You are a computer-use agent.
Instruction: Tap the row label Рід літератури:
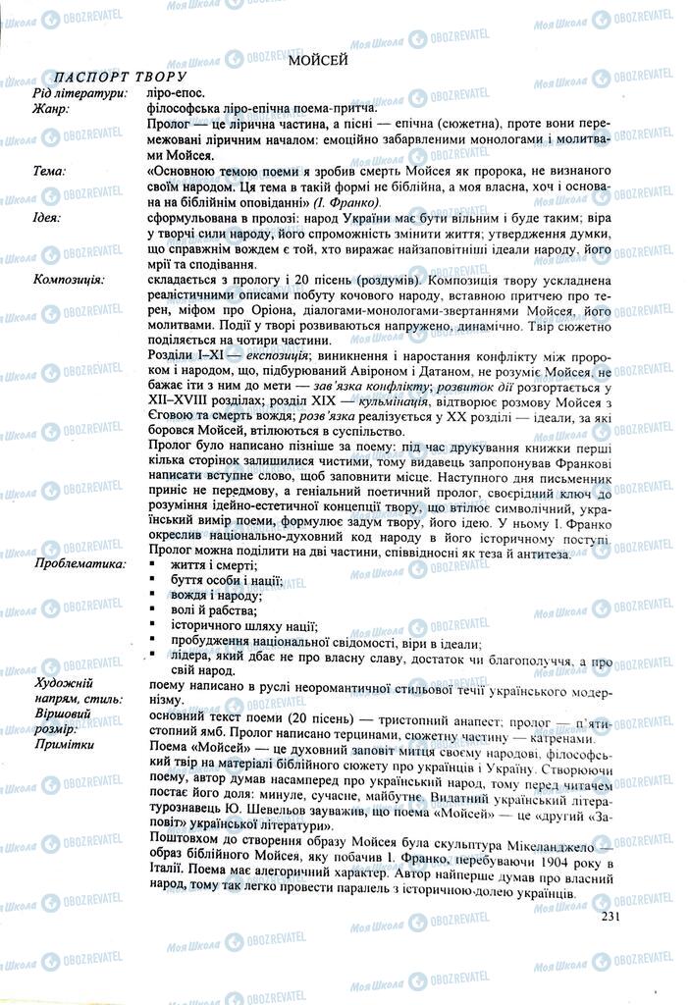click(79, 94)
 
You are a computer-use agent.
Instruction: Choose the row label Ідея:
click(47, 217)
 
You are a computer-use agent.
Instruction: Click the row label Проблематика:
click(80, 564)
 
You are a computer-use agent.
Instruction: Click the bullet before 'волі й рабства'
click(152, 611)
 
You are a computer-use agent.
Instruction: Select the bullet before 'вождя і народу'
click(152, 597)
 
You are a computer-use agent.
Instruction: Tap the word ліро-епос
click(175, 94)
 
